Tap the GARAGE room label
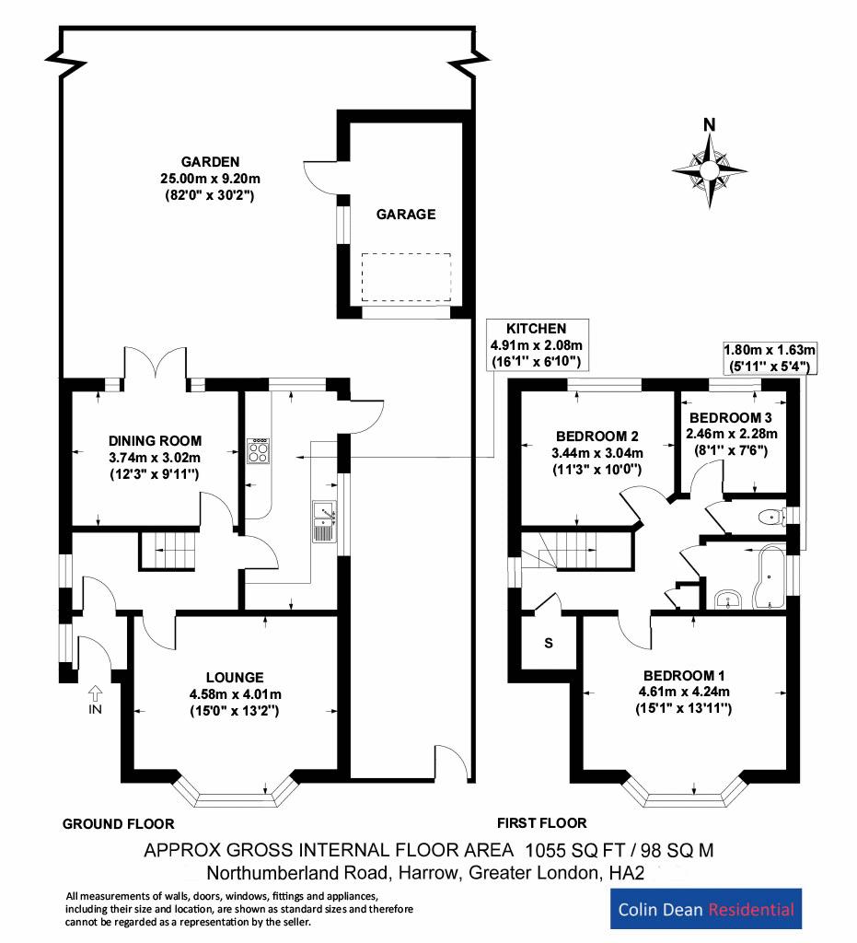[x=405, y=214]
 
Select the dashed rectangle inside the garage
[x=406, y=277]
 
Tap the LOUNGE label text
[x=236, y=677]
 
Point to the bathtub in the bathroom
[x=767, y=578]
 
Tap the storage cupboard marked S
[x=548, y=643]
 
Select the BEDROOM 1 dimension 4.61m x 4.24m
[x=686, y=692]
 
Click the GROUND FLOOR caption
[x=118, y=823]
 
